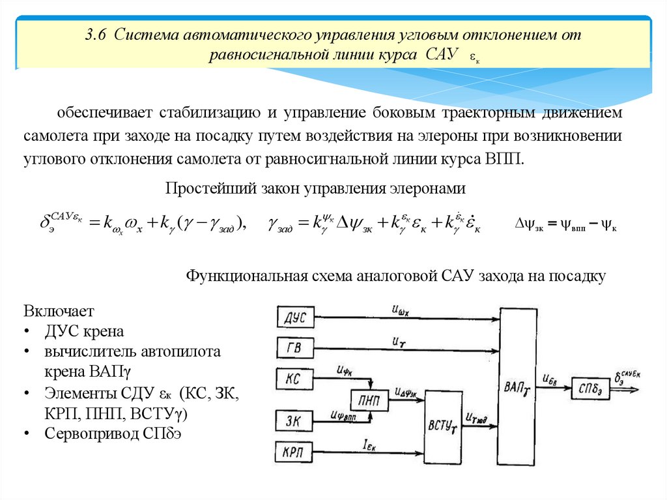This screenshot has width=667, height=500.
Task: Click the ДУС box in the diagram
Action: (296, 317)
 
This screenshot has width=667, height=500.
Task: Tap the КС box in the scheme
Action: (294, 379)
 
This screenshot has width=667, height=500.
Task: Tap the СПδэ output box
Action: (589, 388)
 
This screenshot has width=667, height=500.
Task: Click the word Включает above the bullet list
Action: (60, 310)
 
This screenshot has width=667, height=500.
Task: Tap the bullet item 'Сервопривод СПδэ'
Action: (115, 434)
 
